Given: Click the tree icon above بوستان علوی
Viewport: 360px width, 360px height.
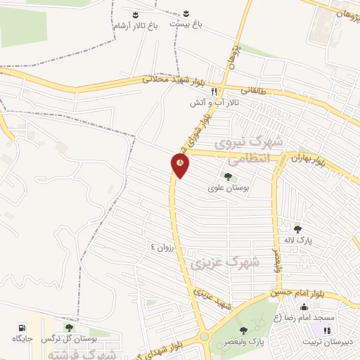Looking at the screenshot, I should pyautogui.click(x=226, y=176).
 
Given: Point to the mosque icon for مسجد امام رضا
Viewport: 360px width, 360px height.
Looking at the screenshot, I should pyautogui.click(x=303, y=306).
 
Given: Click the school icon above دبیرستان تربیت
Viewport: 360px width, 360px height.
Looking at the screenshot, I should pyautogui.click(x=326, y=330).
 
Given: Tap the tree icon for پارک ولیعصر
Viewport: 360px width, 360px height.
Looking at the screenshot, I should pyautogui.click(x=243, y=330).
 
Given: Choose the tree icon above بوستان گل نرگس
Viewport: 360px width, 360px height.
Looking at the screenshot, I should pyautogui.click(x=68, y=327).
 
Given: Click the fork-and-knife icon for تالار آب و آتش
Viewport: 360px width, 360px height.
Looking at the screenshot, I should pyautogui.click(x=214, y=91).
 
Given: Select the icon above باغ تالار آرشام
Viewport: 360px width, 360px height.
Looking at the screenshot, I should pyautogui.click(x=135, y=13).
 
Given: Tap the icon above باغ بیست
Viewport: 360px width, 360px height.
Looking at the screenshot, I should pyautogui.click(x=186, y=13).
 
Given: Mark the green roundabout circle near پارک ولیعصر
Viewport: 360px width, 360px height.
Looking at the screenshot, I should pyautogui.click(x=205, y=337).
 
